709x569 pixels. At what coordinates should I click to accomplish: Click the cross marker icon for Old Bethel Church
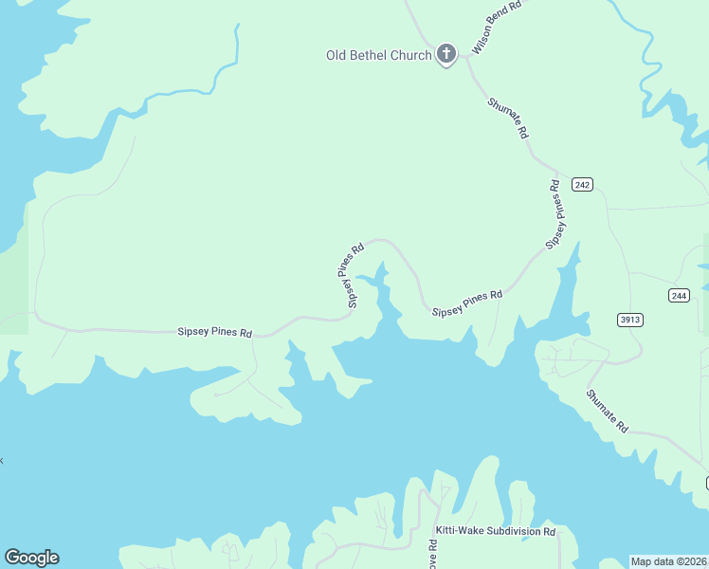pos(446,54)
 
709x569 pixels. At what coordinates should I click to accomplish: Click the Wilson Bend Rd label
pos(497,28)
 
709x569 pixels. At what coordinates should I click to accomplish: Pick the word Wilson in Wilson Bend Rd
pos(482,41)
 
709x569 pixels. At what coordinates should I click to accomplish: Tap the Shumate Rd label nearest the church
pos(508,119)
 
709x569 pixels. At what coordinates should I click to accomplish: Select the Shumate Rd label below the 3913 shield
pos(607,412)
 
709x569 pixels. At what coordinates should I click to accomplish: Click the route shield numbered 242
pos(582,184)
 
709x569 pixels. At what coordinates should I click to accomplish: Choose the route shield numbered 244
pos(678,296)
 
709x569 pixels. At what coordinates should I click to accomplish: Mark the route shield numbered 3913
pos(630,320)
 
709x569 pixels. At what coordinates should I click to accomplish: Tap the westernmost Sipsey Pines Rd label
pos(215,333)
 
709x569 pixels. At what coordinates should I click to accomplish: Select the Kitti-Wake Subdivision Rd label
pos(495,531)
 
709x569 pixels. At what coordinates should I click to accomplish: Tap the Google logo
pos(31,558)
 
